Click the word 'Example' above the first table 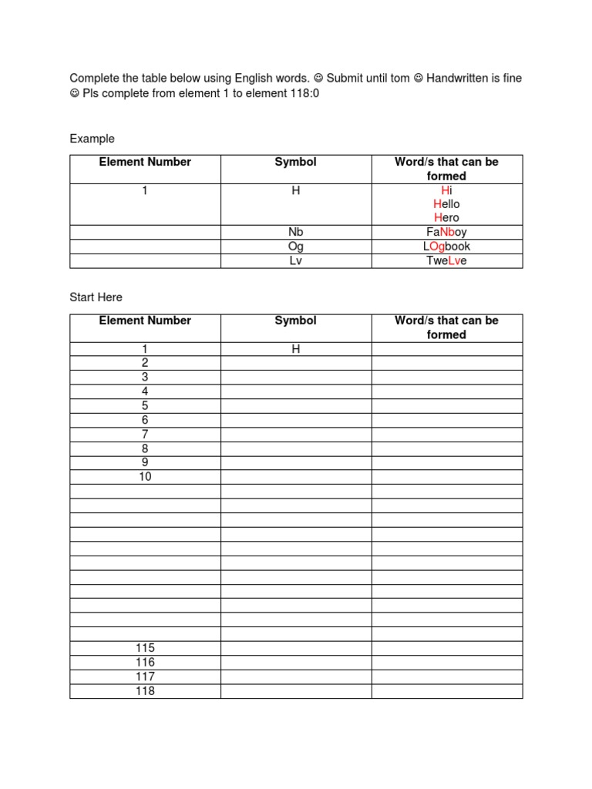92,139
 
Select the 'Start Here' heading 96,297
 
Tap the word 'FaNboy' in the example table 446,232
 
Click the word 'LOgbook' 446,247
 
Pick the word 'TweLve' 446,260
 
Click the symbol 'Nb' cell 295,232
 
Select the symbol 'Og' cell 295,247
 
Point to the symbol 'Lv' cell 295,260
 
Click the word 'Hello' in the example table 446,204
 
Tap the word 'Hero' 446,218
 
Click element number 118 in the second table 145,691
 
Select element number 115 145,648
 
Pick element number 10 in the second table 145,477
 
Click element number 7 145,435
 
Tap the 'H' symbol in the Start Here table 295,349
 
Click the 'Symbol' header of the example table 295,162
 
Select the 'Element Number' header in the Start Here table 145,321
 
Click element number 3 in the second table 145,378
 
